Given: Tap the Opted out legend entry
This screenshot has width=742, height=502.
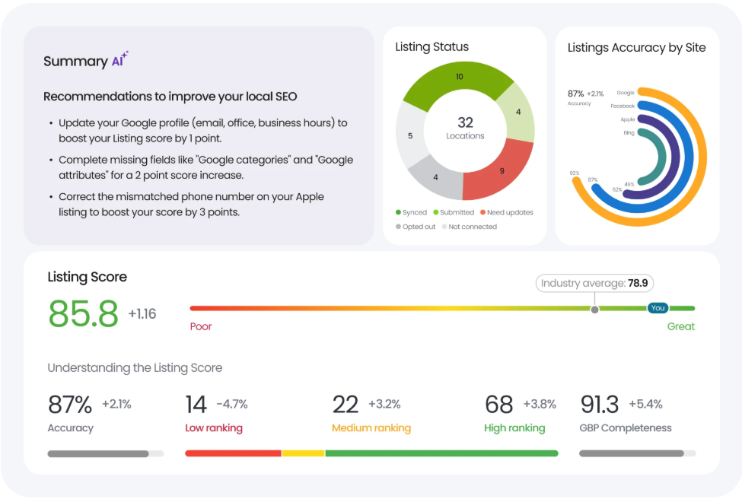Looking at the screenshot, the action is (416, 227).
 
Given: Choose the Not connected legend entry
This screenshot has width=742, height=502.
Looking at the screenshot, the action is (470, 227).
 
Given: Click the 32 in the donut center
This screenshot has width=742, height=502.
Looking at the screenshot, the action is (465, 122).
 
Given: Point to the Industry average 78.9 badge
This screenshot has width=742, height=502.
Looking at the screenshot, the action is (594, 283).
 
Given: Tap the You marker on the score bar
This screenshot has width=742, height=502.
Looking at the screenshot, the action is (658, 308).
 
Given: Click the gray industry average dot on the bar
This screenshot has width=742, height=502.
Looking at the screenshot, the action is (595, 310).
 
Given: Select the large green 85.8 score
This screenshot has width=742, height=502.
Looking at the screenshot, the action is (83, 313).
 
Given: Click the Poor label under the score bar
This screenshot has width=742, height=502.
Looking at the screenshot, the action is (201, 326).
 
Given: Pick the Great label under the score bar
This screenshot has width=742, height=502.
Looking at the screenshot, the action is (681, 326).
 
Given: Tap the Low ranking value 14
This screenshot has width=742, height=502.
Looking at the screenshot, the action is (196, 405).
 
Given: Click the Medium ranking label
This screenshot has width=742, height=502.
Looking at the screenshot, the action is (371, 427).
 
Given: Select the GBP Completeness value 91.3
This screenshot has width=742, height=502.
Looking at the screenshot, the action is (600, 405).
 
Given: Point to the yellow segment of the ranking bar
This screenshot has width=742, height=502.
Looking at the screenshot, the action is (304, 453).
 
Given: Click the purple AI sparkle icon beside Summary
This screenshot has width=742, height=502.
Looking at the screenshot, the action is (120, 59).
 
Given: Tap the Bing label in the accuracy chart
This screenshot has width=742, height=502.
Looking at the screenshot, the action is (629, 133).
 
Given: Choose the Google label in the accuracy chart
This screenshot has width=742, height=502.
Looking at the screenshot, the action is (626, 93).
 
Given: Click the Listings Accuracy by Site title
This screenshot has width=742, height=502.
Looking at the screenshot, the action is (636, 48).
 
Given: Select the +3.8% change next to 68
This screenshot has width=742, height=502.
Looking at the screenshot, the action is (540, 404).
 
